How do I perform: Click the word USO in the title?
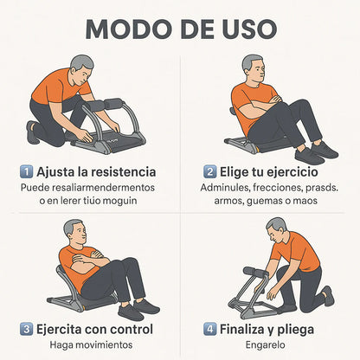pos(244,28)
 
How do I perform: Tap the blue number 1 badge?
pos(27,170)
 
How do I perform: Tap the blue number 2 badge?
pos(210,170)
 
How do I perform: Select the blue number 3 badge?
pos(27,329)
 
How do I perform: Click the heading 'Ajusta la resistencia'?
pos(96,170)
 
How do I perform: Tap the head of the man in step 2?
pos(253,67)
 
